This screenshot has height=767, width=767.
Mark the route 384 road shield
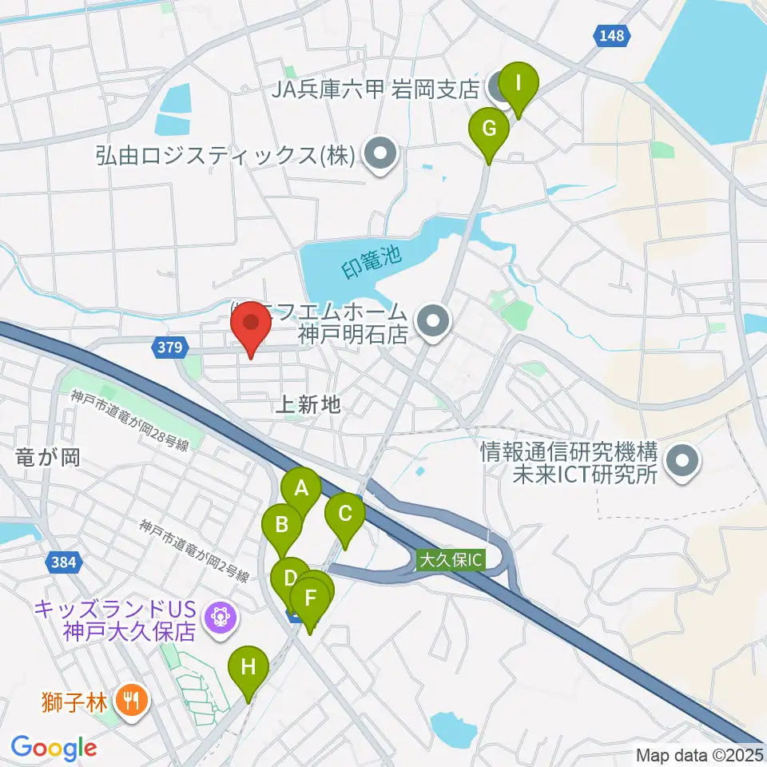click(x=63, y=562)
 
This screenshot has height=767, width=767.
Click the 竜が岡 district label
click(x=48, y=457)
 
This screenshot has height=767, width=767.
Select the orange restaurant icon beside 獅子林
click(x=129, y=701)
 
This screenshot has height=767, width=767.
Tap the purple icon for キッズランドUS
click(x=217, y=616)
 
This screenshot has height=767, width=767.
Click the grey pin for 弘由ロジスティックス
click(x=380, y=155)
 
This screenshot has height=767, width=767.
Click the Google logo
click(x=54, y=748)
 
